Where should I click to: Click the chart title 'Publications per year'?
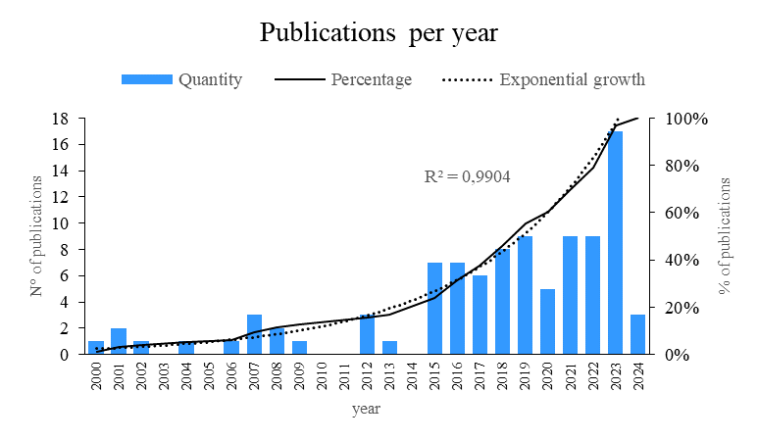click(379, 32)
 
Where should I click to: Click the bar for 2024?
click(638, 334)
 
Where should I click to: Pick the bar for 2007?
click(254, 334)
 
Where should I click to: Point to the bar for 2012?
click(367, 334)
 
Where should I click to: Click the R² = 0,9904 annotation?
click(467, 177)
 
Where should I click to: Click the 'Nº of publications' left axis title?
click(35, 236)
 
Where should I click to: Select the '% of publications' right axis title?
click(726, 236)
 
